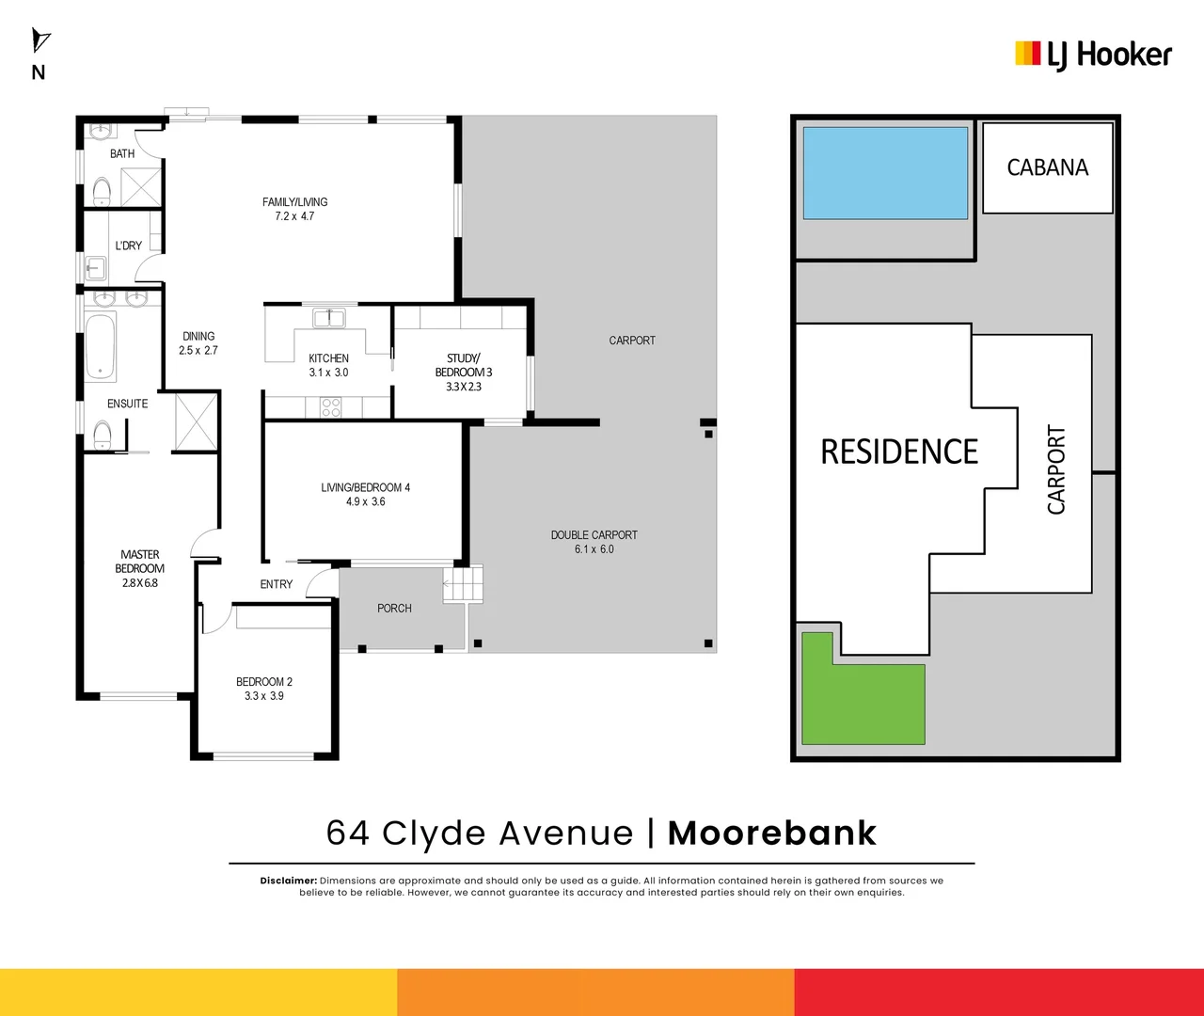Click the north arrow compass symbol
[x=40, y=40]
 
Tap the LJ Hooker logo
[x=1093, y=55]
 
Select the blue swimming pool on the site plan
[x=884, y=173]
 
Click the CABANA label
[x=1047, y=167]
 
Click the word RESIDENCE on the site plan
[x=899, y=452]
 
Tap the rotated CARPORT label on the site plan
[x=1056, y=469]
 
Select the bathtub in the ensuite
[x=101, y=346]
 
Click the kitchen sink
[x=329, y=318]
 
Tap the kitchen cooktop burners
[x=331, y=407]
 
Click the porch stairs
[x=463, y=584]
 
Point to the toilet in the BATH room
[x=102, y=193]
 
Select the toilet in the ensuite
[x=103, y=434]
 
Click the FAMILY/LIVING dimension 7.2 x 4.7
[x=294, y=216]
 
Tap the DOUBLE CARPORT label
[x=594, y=534]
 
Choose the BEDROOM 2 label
[x=264, y=681]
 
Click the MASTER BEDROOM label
[x=140, y=562]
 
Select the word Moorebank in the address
[x=771, y=833]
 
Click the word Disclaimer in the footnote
[x=289, y=881]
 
